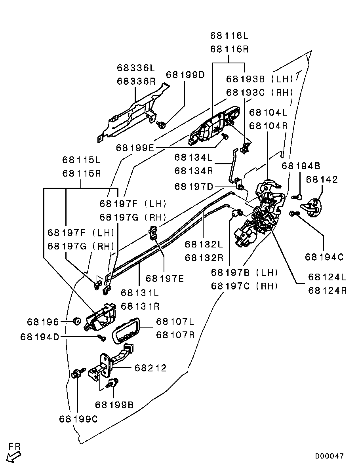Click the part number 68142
point(322,179)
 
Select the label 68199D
point(185,74)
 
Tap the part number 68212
point(150,368)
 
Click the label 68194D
point(39,337)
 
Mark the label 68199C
point(78,419)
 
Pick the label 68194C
point(324,257)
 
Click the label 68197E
point(164,278)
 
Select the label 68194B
point(301,166)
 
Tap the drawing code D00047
point(330,456)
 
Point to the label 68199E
point(135,148)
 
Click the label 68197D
point(194,186)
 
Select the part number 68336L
point(135,68)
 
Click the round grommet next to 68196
point(77,320)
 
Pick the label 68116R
point(229,49)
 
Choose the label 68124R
point(328,290)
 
